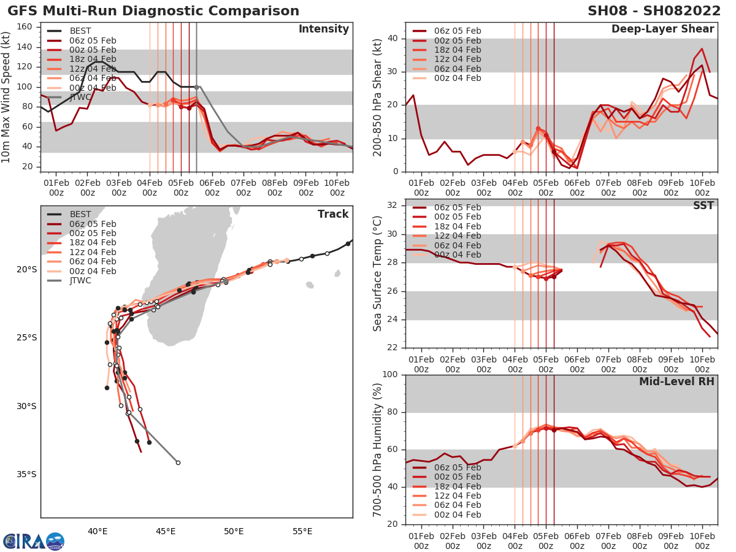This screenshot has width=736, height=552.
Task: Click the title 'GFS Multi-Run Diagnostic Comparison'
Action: [x=153, y=11]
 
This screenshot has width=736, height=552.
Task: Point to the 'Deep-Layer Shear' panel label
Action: [x=662, y=29]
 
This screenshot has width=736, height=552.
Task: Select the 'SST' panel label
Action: [x=702, y=205]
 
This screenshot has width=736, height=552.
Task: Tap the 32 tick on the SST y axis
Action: [x=394, y=205]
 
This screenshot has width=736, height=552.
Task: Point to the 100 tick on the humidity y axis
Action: [x=391, y=375]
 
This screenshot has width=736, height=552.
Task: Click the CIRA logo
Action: [x=34, y=541]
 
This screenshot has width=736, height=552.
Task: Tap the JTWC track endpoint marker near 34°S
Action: [x=178, y=462]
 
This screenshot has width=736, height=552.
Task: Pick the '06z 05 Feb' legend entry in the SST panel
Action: [x=457, y=207]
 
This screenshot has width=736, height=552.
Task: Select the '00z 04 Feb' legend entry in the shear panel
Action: [x=457, y=78]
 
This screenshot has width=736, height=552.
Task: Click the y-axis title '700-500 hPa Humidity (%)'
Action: [x=378, y=450]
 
